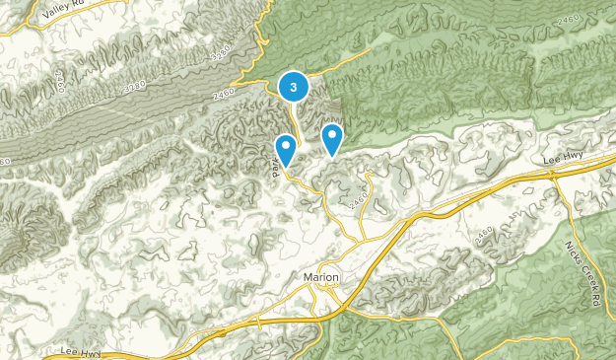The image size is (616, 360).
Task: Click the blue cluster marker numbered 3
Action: coord(293,87)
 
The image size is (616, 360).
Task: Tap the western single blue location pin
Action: coord(286,149)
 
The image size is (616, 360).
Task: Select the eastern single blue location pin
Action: coord(333,137)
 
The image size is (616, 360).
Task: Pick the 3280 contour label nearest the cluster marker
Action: coord(222,48)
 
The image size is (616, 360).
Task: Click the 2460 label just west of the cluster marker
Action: coord(225,95)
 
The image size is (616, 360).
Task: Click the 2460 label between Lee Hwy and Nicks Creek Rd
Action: coord(483,232)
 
